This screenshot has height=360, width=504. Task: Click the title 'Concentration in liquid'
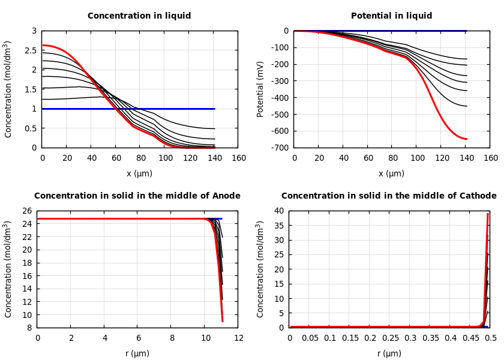coord(139,16)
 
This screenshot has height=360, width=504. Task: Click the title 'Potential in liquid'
coord(391,16)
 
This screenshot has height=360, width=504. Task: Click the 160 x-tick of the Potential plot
coord(491,158)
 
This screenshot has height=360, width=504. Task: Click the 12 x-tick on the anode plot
coord(238,338)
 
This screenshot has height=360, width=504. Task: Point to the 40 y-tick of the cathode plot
coord(278,211)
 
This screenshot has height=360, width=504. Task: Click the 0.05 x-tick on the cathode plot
coord(310,338)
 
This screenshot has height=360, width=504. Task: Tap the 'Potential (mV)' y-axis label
coord(260,89)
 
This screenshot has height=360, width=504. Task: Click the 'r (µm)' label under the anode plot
coord(137,353)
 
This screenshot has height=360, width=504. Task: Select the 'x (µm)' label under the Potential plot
coord(391,173)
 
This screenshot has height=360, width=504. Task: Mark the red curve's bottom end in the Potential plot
coord(466,139)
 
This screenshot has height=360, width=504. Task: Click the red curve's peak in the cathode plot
coord(488,214)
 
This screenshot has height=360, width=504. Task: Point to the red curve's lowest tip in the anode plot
coord(222,322)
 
